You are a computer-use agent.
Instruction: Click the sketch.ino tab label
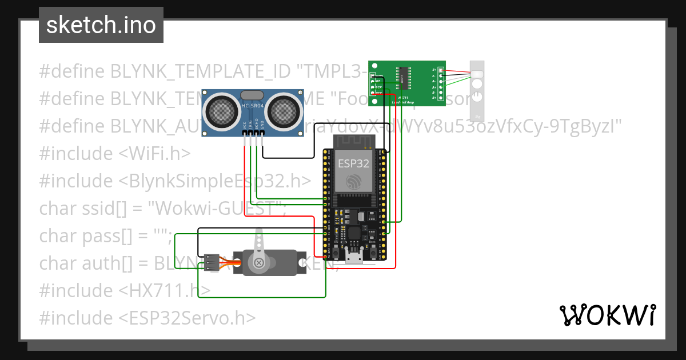(x=101, y=25)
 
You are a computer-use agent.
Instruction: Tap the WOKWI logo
(x=607, y=315)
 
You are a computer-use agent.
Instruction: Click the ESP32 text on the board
(x=353, y=163)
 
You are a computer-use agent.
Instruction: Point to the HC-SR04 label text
(x=252, y=106)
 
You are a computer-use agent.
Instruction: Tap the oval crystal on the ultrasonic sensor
(x=252, y=95)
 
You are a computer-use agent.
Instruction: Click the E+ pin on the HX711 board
(x=434, y=70)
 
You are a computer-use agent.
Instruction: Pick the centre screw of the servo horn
(x=259, y=263)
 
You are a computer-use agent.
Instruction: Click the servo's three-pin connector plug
(x=211, y=262)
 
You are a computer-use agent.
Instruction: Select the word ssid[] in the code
(x=107, y=208)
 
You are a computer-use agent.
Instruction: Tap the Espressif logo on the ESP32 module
(x=353, y=182)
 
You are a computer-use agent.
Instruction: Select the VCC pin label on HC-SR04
(x=245, y=125)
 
